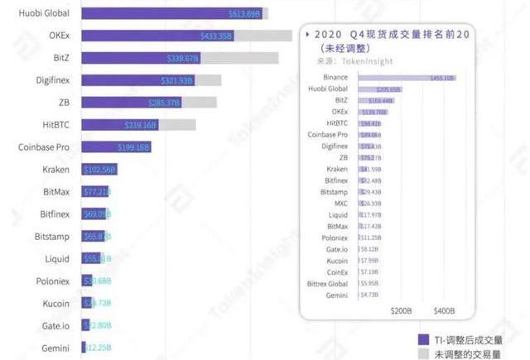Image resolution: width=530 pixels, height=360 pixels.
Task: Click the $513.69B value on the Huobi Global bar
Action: [x=245, y=14]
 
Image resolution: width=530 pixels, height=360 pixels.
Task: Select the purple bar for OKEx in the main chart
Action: [x=157, y=36]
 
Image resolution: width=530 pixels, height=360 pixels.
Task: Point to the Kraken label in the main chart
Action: [x=55, y=170]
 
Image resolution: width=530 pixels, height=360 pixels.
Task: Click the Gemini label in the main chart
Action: [x=55, y=348]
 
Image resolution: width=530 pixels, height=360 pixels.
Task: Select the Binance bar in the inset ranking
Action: [x=406, y=77]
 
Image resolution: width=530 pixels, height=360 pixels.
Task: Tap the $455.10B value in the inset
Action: [x=442, y=78]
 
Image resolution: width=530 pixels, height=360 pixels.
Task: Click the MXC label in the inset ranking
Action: [x=340, y=203]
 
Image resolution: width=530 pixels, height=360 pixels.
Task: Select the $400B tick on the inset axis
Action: [x=445, y=310]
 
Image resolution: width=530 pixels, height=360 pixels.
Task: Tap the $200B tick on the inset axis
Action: [x=401, y=310]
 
